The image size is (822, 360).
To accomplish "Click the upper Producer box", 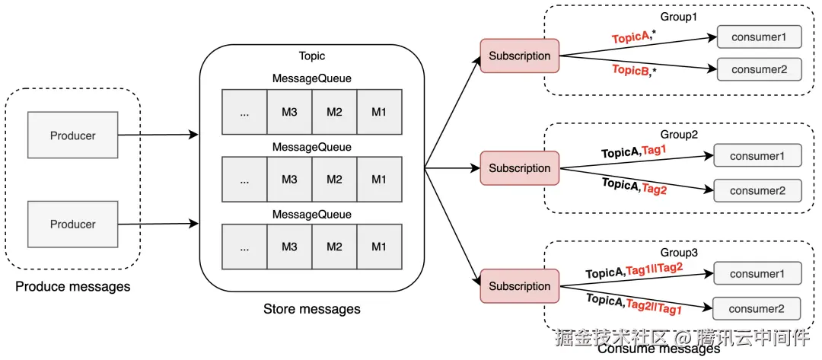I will pos(72,135).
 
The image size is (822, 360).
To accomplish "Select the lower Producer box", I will pos(72,224).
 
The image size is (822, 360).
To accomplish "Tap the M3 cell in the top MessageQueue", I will pos(289,113).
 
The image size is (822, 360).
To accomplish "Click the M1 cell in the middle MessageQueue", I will pos(379,180).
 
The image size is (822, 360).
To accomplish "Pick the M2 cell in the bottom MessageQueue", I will pos(334,246).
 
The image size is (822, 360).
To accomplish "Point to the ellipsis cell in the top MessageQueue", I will pos(244,113).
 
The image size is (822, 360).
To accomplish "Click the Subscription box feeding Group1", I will pos(519,56).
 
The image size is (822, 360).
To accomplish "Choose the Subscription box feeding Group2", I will pos(519,168).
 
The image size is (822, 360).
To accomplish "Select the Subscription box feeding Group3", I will pos(519,286).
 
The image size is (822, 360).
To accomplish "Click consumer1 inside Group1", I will pos(758,37).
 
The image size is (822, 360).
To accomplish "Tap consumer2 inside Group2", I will pos(757,190).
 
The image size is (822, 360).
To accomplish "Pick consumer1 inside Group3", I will pos(757,273).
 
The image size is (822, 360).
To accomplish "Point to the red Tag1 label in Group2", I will pos(654,150).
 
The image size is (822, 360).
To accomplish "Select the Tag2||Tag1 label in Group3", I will pos(654,306).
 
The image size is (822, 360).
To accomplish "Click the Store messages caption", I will pos(311,309).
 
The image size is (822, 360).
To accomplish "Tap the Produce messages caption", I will pos(72,287).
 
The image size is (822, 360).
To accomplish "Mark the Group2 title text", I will pos(680,135).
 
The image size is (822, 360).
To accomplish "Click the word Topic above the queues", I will pos(312,56).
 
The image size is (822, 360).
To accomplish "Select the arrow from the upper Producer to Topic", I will pos(158,135).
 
